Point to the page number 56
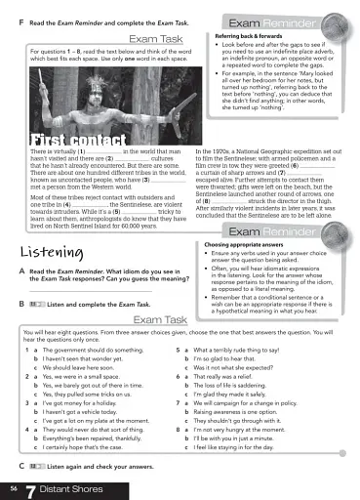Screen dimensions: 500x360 tap(13, 484)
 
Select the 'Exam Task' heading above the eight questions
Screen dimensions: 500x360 tap(160, 319)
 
